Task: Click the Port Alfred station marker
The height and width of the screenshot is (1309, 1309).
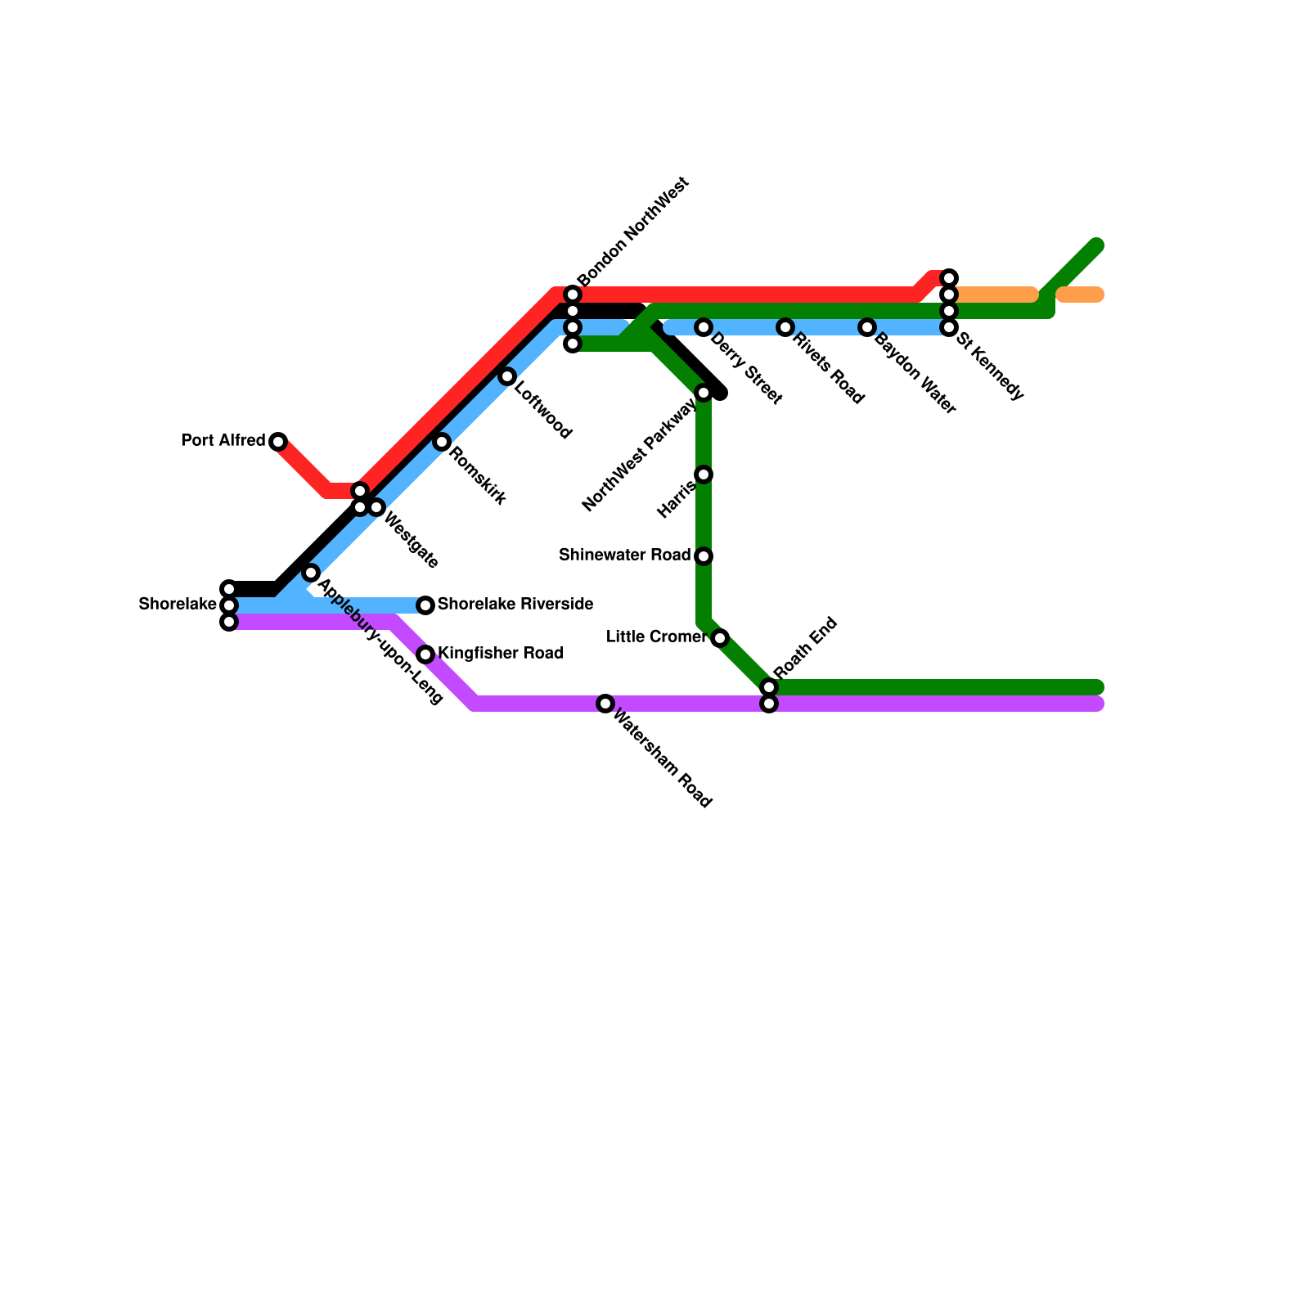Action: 278,442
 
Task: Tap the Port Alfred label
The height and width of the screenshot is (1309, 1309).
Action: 223,441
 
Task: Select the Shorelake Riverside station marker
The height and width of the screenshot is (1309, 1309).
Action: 425,605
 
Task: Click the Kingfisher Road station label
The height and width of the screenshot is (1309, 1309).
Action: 501,654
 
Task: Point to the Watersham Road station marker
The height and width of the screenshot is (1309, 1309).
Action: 605,704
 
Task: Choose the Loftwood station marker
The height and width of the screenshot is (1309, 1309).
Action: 507,376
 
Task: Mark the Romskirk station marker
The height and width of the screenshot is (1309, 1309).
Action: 442,442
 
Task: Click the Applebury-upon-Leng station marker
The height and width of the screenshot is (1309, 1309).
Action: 311,573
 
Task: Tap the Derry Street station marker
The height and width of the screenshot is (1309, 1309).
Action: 704,327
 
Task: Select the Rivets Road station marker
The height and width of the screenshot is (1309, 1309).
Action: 785,327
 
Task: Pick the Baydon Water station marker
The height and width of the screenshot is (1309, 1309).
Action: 867,327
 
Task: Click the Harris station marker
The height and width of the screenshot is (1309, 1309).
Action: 704,475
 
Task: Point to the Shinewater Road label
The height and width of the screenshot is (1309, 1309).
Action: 624,556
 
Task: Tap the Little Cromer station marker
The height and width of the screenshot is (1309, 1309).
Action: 720,638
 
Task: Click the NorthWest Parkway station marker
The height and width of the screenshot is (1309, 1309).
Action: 704,393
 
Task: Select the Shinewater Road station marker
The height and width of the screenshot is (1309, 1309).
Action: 704,556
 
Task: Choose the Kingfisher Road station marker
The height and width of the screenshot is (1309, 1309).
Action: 425,654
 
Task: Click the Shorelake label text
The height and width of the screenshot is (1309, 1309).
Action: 178,605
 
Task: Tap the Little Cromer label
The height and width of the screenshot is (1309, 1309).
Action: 656,637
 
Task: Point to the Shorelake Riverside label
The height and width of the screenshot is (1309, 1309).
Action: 515,605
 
